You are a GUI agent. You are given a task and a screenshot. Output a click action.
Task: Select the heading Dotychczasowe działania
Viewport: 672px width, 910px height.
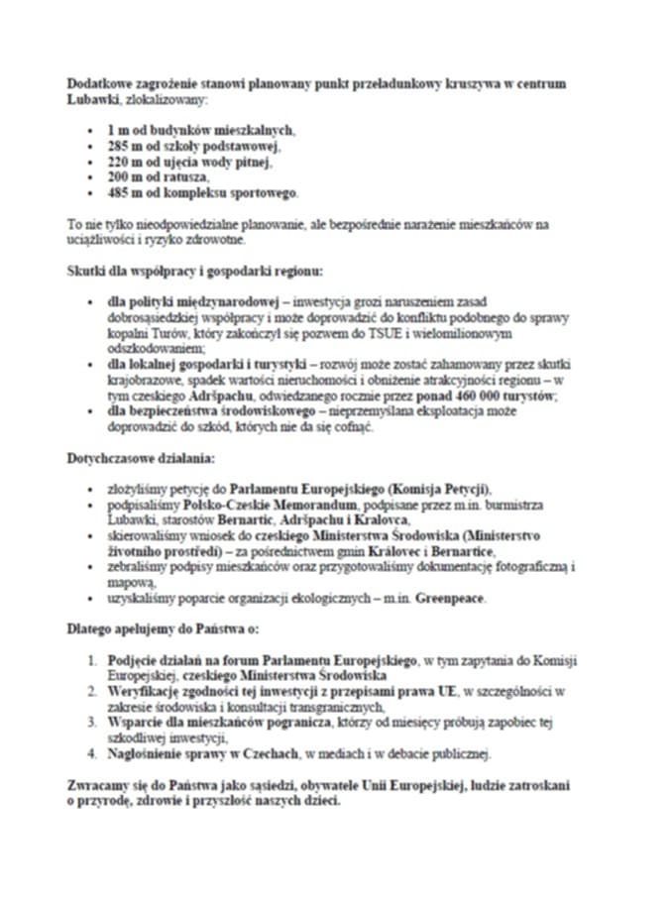135,458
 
